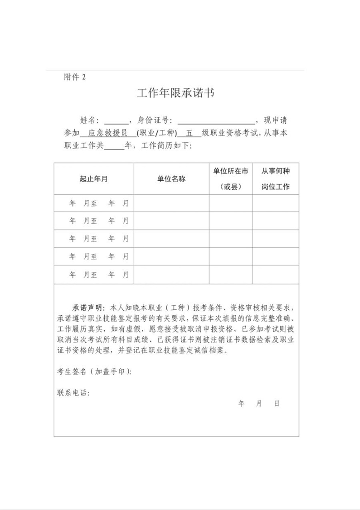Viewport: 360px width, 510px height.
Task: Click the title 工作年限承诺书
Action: [176, 94]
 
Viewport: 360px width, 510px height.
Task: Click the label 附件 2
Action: [75, 77]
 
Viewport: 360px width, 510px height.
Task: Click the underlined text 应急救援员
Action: [108, 133]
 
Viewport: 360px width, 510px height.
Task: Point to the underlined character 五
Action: [190, 133]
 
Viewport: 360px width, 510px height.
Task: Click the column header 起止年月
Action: [94, 179]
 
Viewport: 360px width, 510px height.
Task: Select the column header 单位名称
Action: [171, 179]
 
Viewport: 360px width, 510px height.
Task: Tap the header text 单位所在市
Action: [230, 171]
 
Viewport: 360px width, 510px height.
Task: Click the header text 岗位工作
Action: [276, 187]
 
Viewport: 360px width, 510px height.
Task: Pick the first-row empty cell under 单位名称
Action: [171, 203]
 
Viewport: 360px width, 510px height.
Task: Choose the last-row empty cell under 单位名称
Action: [171, 275]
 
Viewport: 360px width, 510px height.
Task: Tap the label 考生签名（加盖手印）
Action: [94, 372]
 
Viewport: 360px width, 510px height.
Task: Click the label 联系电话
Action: [73, 393]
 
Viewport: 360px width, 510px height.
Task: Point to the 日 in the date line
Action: [277, 404]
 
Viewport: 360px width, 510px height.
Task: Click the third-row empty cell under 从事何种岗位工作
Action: [275, 239]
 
